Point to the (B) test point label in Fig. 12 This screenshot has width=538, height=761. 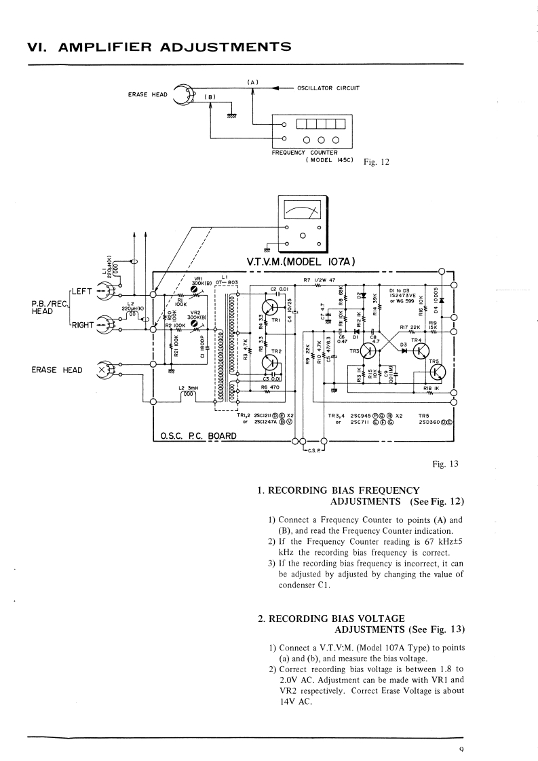pos(210,97)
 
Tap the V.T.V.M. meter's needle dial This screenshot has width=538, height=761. pos(303,212)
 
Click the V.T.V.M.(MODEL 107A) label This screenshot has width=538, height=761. pos(302,262)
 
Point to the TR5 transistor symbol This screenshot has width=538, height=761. pos(438,372)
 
